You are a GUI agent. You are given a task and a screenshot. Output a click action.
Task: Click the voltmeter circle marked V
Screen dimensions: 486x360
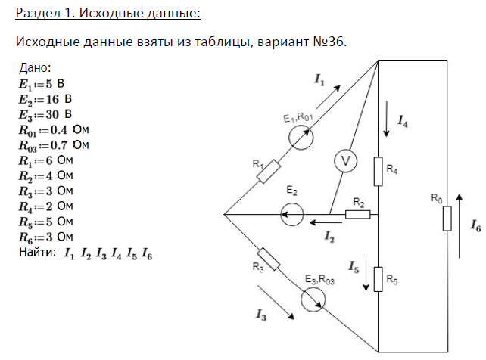(x=344, y=162)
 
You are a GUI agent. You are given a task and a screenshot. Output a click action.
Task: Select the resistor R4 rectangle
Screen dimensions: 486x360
(x=379, y=170)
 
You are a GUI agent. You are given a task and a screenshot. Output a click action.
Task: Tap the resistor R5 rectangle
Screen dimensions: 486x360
(x=379, y=279)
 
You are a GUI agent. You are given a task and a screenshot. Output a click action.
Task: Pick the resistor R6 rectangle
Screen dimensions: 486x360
(x=447, y=218)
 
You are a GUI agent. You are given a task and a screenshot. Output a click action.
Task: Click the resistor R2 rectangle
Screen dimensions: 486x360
(x=357, y=215)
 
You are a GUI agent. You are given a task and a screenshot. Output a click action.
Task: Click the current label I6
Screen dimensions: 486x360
(x=475, y=225)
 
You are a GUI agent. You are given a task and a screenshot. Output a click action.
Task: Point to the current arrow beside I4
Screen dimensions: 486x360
(x=388, y=122)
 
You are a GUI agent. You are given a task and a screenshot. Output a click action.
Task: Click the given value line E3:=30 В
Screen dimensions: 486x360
(x=45, y=114)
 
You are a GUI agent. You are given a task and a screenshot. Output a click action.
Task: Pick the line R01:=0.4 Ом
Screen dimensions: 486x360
(x=53, y=129)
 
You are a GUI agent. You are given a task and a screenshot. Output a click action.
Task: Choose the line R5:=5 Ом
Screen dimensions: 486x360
(x=46, y=222)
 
